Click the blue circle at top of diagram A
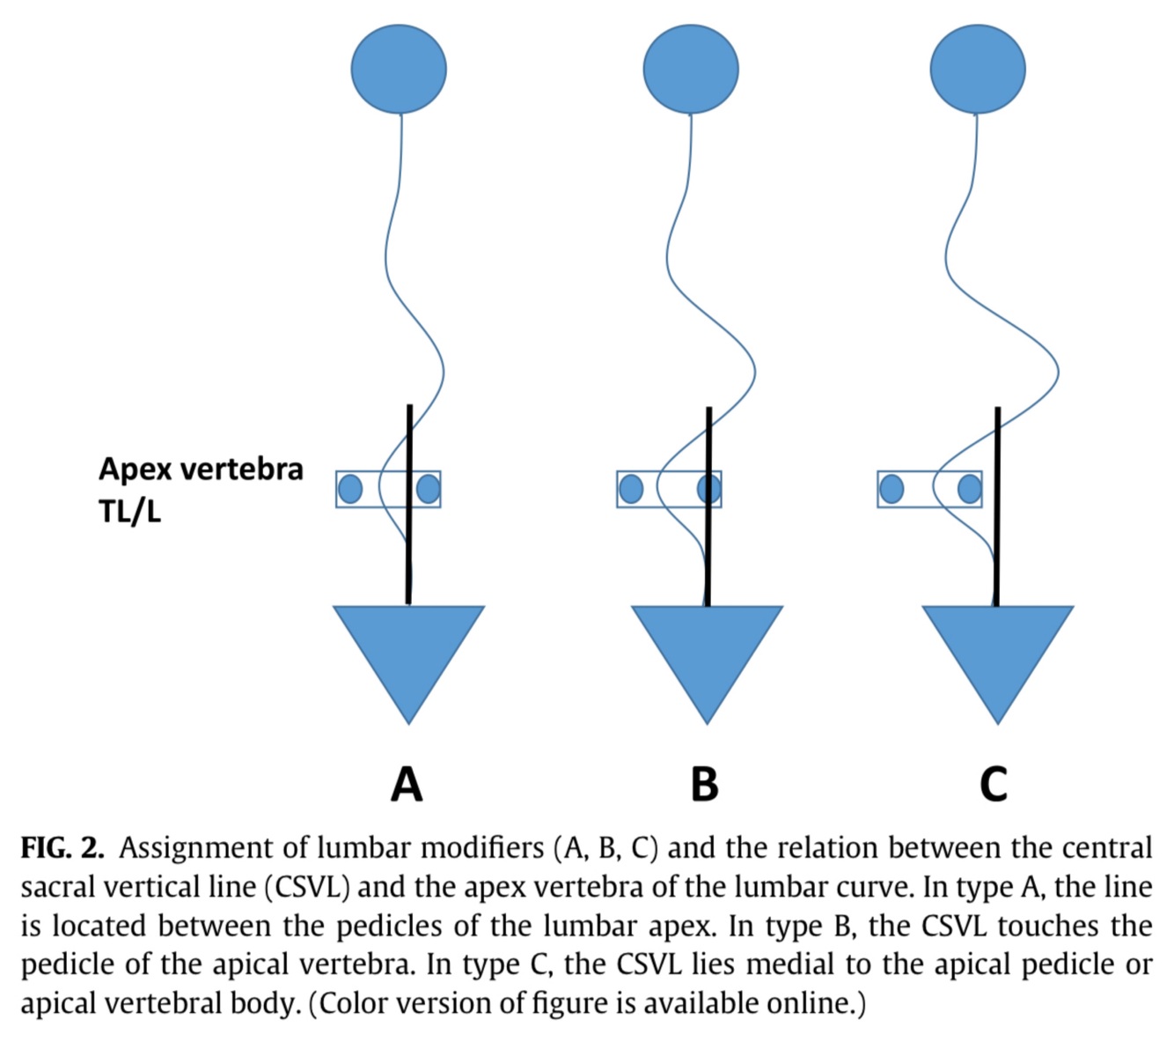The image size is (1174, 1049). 399,68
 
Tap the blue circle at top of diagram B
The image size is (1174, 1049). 691,69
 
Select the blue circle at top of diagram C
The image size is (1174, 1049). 978,69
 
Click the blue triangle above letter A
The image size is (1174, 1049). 408,652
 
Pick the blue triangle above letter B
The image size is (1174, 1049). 708,652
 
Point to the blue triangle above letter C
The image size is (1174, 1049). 998,652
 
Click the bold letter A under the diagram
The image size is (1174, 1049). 407,783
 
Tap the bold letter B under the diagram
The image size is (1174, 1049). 705,783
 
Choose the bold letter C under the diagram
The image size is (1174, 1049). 994,783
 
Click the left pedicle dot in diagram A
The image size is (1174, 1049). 350,489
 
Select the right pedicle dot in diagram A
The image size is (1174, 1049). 429,489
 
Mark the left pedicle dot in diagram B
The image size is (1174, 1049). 631,489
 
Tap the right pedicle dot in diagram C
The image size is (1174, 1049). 970,489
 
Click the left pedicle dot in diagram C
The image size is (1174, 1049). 892,489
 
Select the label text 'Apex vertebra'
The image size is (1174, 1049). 201,469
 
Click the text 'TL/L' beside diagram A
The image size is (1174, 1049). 130,511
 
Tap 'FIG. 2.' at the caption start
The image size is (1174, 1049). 62,848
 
